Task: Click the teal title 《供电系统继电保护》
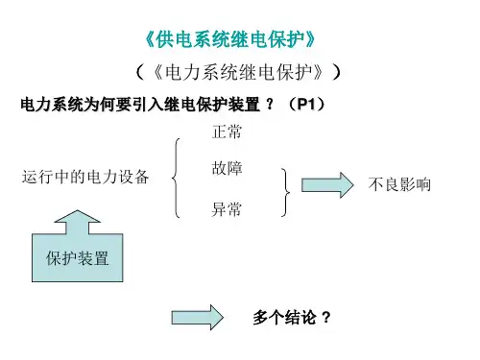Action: (x=230, y=39)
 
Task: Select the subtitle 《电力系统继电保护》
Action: (x=238, y=72)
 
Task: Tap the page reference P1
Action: (x=306, y=104)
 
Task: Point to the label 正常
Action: (x=227, y=132)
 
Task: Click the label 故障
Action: (x=227, y=168)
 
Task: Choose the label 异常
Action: (x=227, y=209)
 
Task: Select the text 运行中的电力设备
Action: (x=85, y=177)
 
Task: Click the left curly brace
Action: (x=176, y=178)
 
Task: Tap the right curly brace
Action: (x=286, y=192)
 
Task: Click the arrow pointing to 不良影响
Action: (x=327, y=185)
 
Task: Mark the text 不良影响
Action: (x=399, y=184)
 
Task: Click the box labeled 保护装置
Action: (x=78, y=257)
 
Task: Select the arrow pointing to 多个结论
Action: (x=198, y=318)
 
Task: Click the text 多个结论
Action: (x=284, y=318)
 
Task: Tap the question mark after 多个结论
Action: (x=326, y=318)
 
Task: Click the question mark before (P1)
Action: (x=271, y=104)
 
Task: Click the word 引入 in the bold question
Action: (x=148, y=105)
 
